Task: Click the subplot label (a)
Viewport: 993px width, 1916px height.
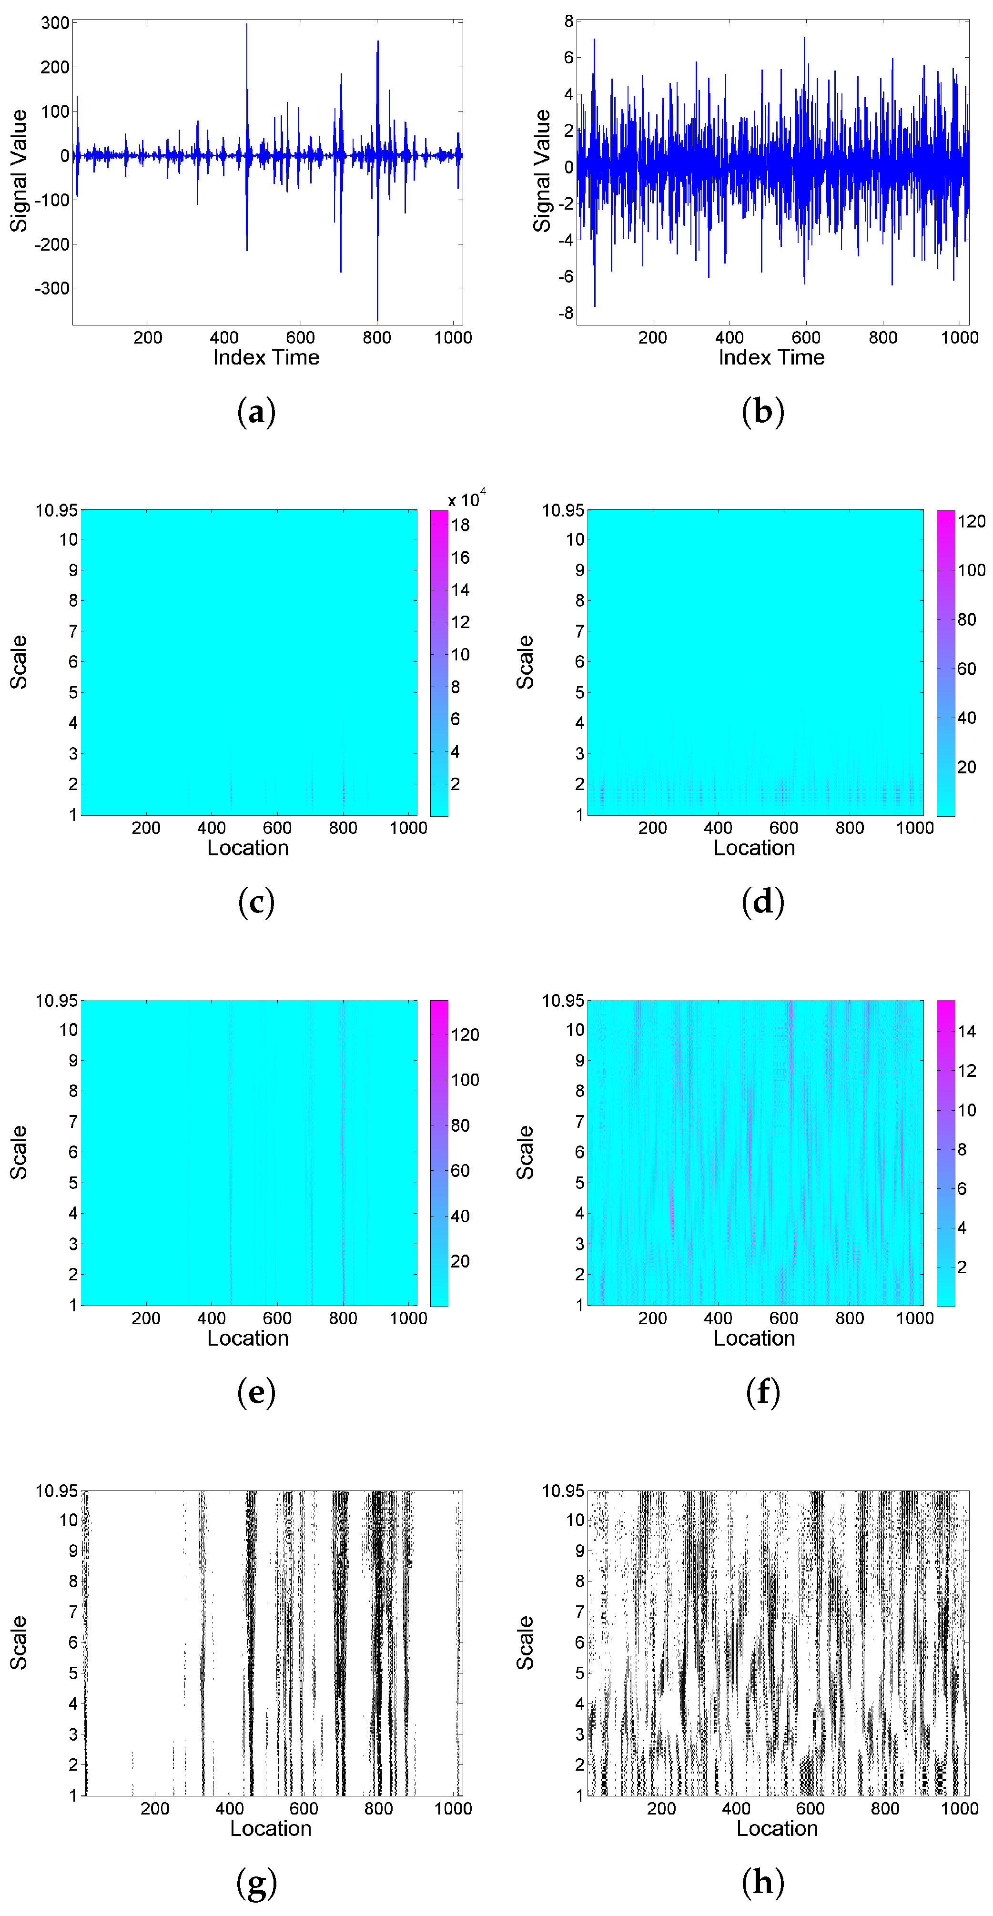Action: coord(256,411)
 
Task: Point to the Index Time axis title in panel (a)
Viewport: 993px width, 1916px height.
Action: coord(266,358)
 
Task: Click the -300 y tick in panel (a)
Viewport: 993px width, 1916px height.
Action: coord(52,289)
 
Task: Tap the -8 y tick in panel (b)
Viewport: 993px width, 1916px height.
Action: coord(566,313)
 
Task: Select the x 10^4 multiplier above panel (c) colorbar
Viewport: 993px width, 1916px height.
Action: coord(466,498)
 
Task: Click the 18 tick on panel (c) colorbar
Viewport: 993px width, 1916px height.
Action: coord(460,525)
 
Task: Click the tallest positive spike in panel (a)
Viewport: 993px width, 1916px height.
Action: coord(247,25)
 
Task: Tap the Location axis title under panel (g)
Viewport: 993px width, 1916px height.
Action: coord(271,1829)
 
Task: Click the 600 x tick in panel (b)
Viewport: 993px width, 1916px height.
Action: coord(806,338)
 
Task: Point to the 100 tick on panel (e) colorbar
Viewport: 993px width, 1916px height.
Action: coord(465,1080)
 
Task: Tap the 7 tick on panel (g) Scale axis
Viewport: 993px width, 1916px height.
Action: coord(73,1612)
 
